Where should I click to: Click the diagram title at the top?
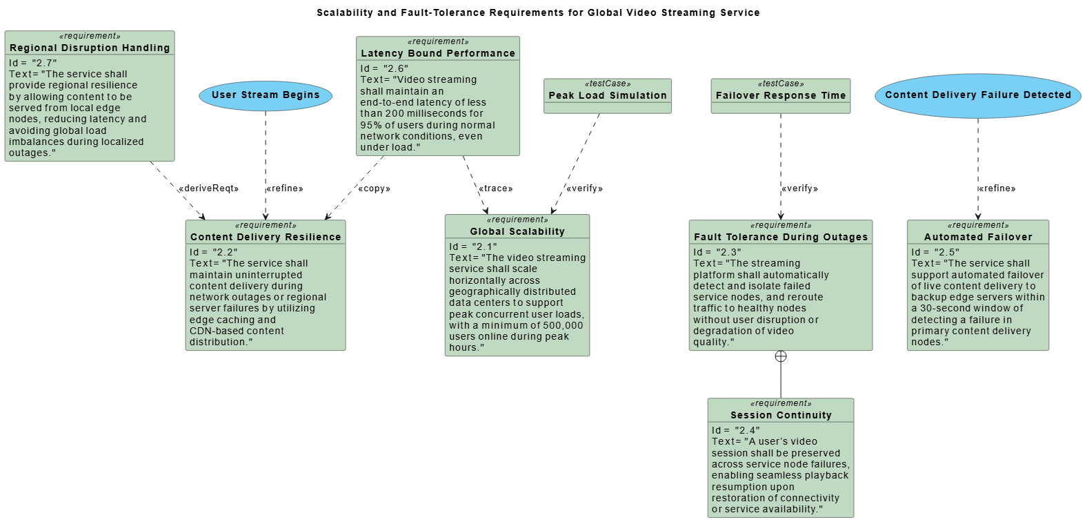coord(538,12)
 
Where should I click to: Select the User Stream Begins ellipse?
coord(266,95)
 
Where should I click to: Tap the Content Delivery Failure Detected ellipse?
coord(977,95)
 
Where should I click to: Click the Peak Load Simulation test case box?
coord(607,95)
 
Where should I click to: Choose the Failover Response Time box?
coord(780,95)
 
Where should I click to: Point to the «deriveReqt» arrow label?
coord(208,188)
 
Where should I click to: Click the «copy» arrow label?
coord(374,188)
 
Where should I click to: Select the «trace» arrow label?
coord(495,188)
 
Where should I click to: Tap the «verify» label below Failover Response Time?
coord(799,188)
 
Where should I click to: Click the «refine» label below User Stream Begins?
coord(285,188)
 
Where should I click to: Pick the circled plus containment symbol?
coord(781,356)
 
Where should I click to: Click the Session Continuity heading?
coord(781,415)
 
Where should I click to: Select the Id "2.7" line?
coord(33,63)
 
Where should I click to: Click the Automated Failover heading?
coord(977,237)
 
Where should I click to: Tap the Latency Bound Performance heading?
coord(437,53)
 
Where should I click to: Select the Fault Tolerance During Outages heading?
coord(780,237)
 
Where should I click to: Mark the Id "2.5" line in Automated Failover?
coord(935,252)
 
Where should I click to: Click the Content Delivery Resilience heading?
coord(266,237)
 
